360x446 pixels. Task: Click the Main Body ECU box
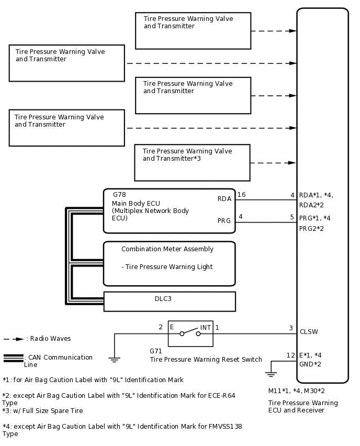[x=169, y=210]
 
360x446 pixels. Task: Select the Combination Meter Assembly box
[x=169, y=263]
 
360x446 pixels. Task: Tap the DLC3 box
[x=170, y=301]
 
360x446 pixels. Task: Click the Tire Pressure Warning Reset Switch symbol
[x=190, y=333]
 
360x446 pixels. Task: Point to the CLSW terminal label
[x=309, y=332]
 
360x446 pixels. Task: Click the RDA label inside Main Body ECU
[x=224, y=199]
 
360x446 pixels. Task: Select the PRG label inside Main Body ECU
[x=224, y=221]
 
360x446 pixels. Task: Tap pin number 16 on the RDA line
[x=241, y=195]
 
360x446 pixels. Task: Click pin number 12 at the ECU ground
[x=291, y=355]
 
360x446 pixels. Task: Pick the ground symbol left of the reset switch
[x=114, y=359]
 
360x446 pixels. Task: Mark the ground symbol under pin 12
[x=270, y=374]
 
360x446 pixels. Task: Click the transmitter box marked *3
[x=192, y=162]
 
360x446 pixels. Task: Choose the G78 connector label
[x=119, y=195]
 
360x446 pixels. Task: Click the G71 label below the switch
[x=155, y=352]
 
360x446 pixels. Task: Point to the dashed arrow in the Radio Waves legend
[x=14, y=339]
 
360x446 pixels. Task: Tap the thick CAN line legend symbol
[x=13, y=358]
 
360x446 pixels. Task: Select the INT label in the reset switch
[x=206, y=328]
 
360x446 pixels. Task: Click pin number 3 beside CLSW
[x=291, y=328]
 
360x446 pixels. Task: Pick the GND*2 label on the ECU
[x=310, y=364]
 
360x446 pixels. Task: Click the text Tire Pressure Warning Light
[x=167, y=267]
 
